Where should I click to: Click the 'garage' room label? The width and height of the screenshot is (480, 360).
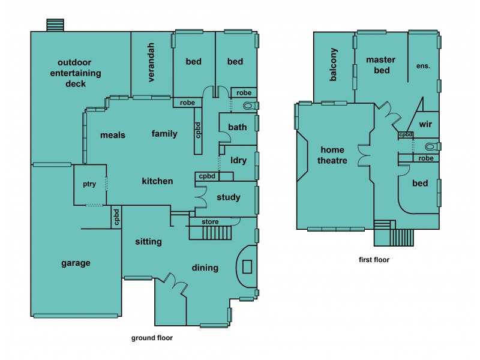(76, 263)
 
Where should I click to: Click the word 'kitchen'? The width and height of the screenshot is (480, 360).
(157, 181)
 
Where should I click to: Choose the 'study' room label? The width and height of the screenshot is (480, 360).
(229, 197)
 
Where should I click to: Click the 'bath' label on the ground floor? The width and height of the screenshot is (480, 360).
(238, 127)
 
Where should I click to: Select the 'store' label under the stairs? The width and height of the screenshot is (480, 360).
(211, 221)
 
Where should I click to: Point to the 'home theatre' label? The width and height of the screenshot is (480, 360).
(334, 155)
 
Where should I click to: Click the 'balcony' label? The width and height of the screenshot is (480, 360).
(334, 65)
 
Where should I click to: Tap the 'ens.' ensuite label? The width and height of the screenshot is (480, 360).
(423, 66)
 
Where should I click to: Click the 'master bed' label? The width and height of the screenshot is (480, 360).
(378, 65)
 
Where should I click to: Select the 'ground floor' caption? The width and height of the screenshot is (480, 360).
(152, 338)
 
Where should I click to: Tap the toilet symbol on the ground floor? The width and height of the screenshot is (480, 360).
(249, 106)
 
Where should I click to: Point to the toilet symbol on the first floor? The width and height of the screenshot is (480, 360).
(430, 146)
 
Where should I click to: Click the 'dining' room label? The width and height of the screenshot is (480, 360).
(205, 268)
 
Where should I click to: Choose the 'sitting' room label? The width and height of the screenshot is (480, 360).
(148, 242)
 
